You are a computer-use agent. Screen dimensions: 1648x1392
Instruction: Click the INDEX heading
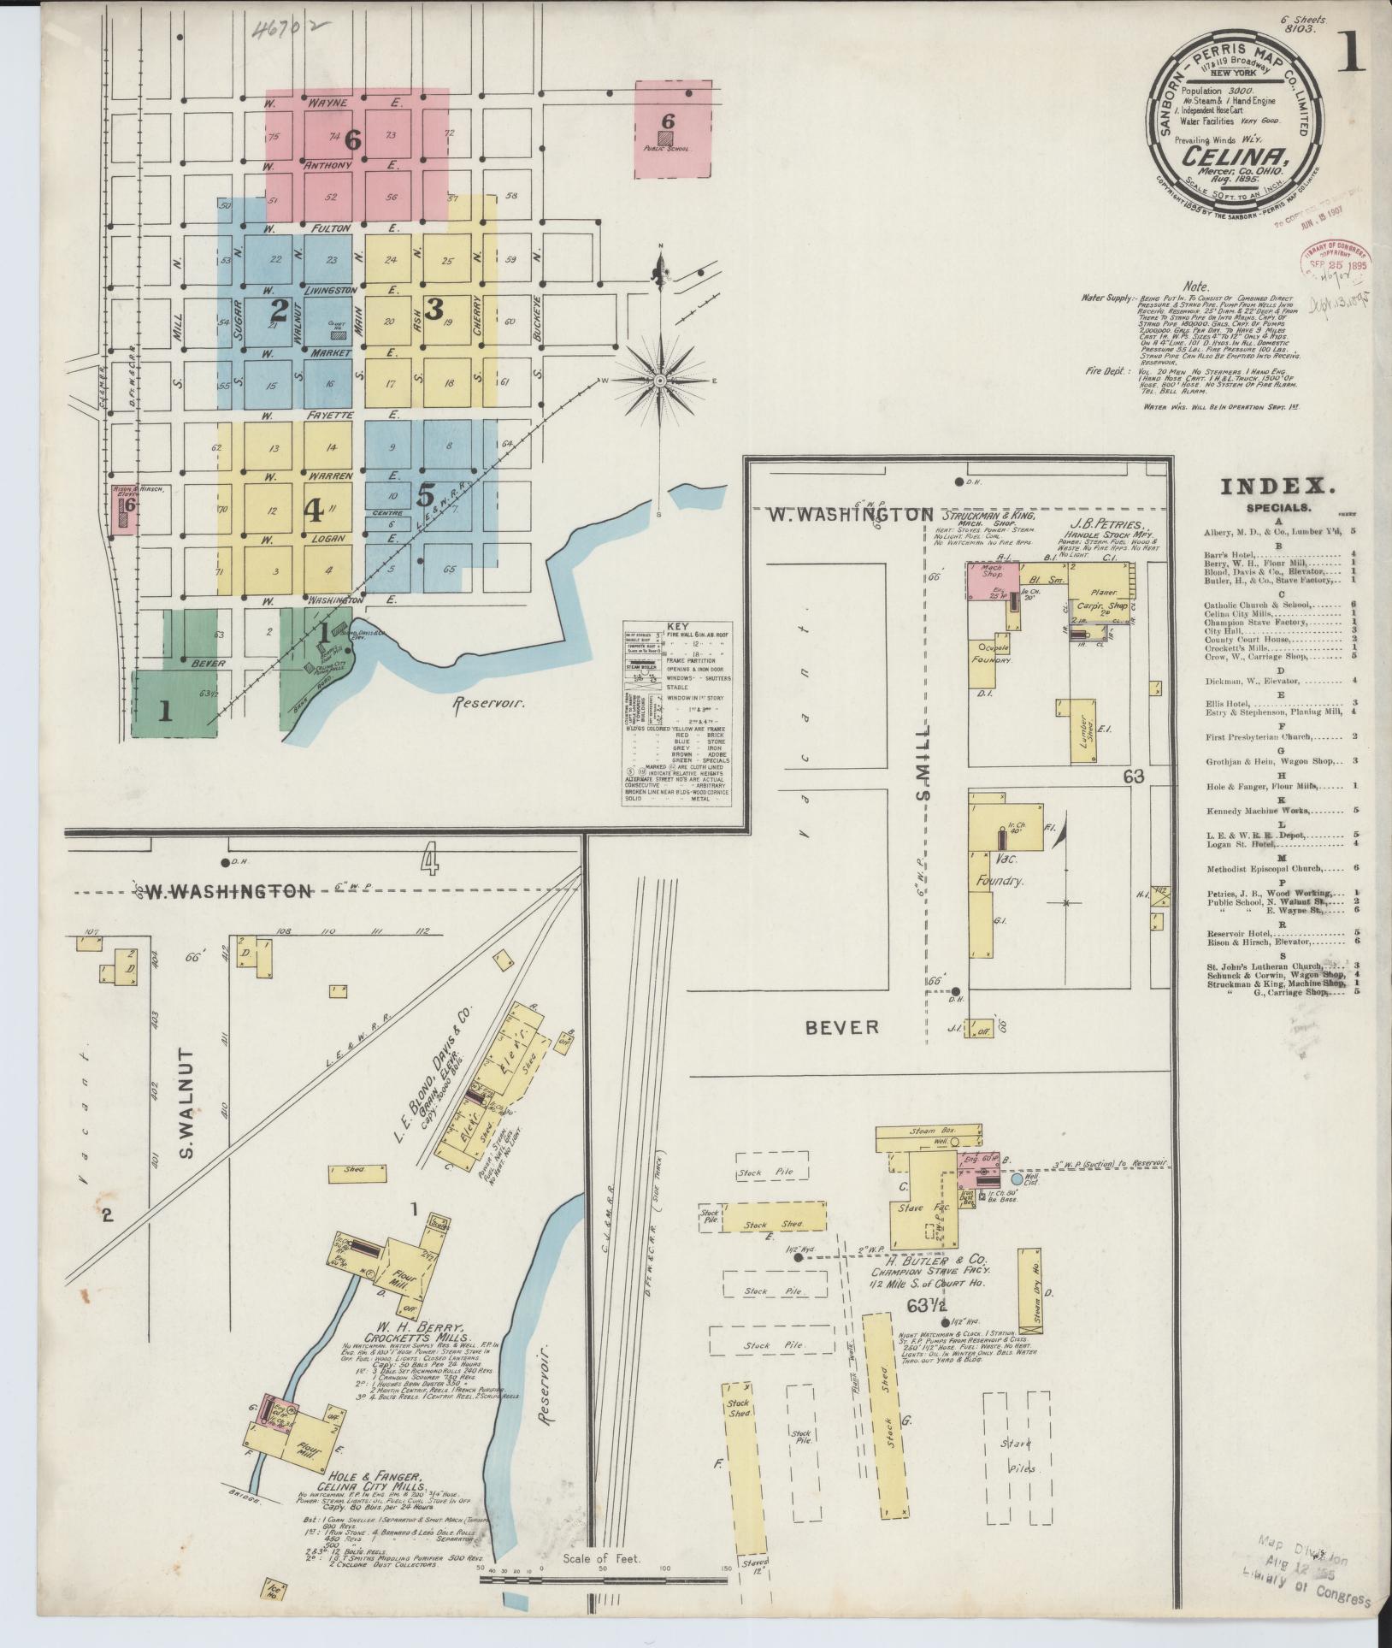pos(1277,487)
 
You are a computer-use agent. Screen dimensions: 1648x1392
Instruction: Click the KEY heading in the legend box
pos(675,627)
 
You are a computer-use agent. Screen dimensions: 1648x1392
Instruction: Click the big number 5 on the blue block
pos(426,494)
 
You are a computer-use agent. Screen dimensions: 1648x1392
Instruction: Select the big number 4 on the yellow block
pos(314,511)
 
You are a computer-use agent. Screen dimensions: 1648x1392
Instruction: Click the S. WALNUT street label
pos(189,1103)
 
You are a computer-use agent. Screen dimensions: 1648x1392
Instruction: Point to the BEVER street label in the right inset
pos(843,1027)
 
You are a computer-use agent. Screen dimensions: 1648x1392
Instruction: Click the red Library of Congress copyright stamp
pos(1336,263)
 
